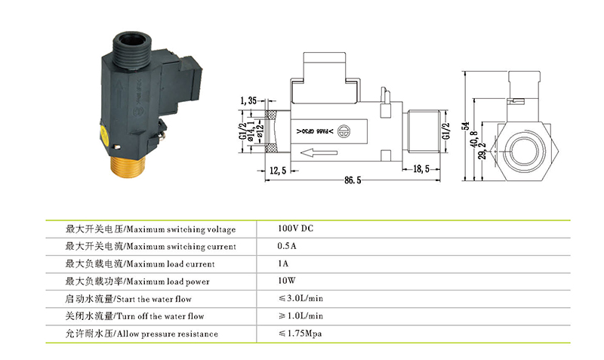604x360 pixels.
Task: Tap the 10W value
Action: (286, 282)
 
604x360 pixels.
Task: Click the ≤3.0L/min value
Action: (300, 299)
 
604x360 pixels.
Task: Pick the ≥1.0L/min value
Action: (300, 316)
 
